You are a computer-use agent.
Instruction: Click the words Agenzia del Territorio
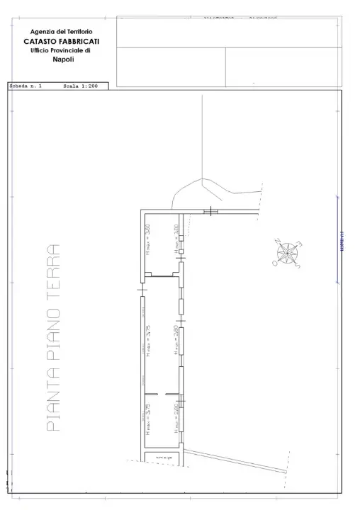(x=61, y=32)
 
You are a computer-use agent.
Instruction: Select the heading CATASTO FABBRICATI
(x=61, y=41)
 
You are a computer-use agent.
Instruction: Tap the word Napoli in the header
(x=62, y=59)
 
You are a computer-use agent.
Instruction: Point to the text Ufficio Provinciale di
(x=60, y=50)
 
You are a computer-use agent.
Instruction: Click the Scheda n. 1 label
(x=26, y=86)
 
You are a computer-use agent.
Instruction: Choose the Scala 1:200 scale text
(x=79, y=86)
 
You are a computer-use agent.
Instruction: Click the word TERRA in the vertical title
(x=52, y=269)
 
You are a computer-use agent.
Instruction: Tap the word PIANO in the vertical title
(x=52, y=334)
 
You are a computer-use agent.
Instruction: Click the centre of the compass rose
(x=288, y=254)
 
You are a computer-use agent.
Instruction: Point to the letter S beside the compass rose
(x=298, y=266)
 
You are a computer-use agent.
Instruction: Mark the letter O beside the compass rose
(x=275, y=263)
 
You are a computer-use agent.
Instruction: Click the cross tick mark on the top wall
(x=211, y=211)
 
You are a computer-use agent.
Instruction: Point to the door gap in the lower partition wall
(x=161, y=393)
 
